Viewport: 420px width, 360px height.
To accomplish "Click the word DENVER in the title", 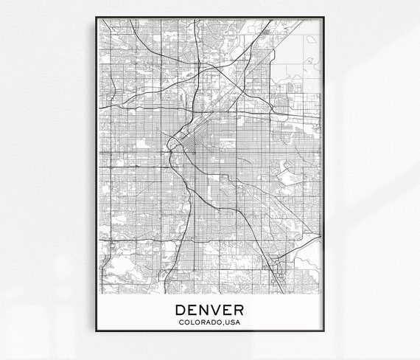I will pos(210,308).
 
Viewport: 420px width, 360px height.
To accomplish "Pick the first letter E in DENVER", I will pos(193,308).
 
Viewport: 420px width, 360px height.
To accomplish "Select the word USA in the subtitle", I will pos(234,321).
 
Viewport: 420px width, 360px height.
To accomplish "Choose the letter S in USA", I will pos(234,321).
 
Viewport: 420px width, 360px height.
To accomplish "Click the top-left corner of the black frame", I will pos(95,14).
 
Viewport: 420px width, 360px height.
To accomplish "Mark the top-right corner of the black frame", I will pos(325,14).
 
